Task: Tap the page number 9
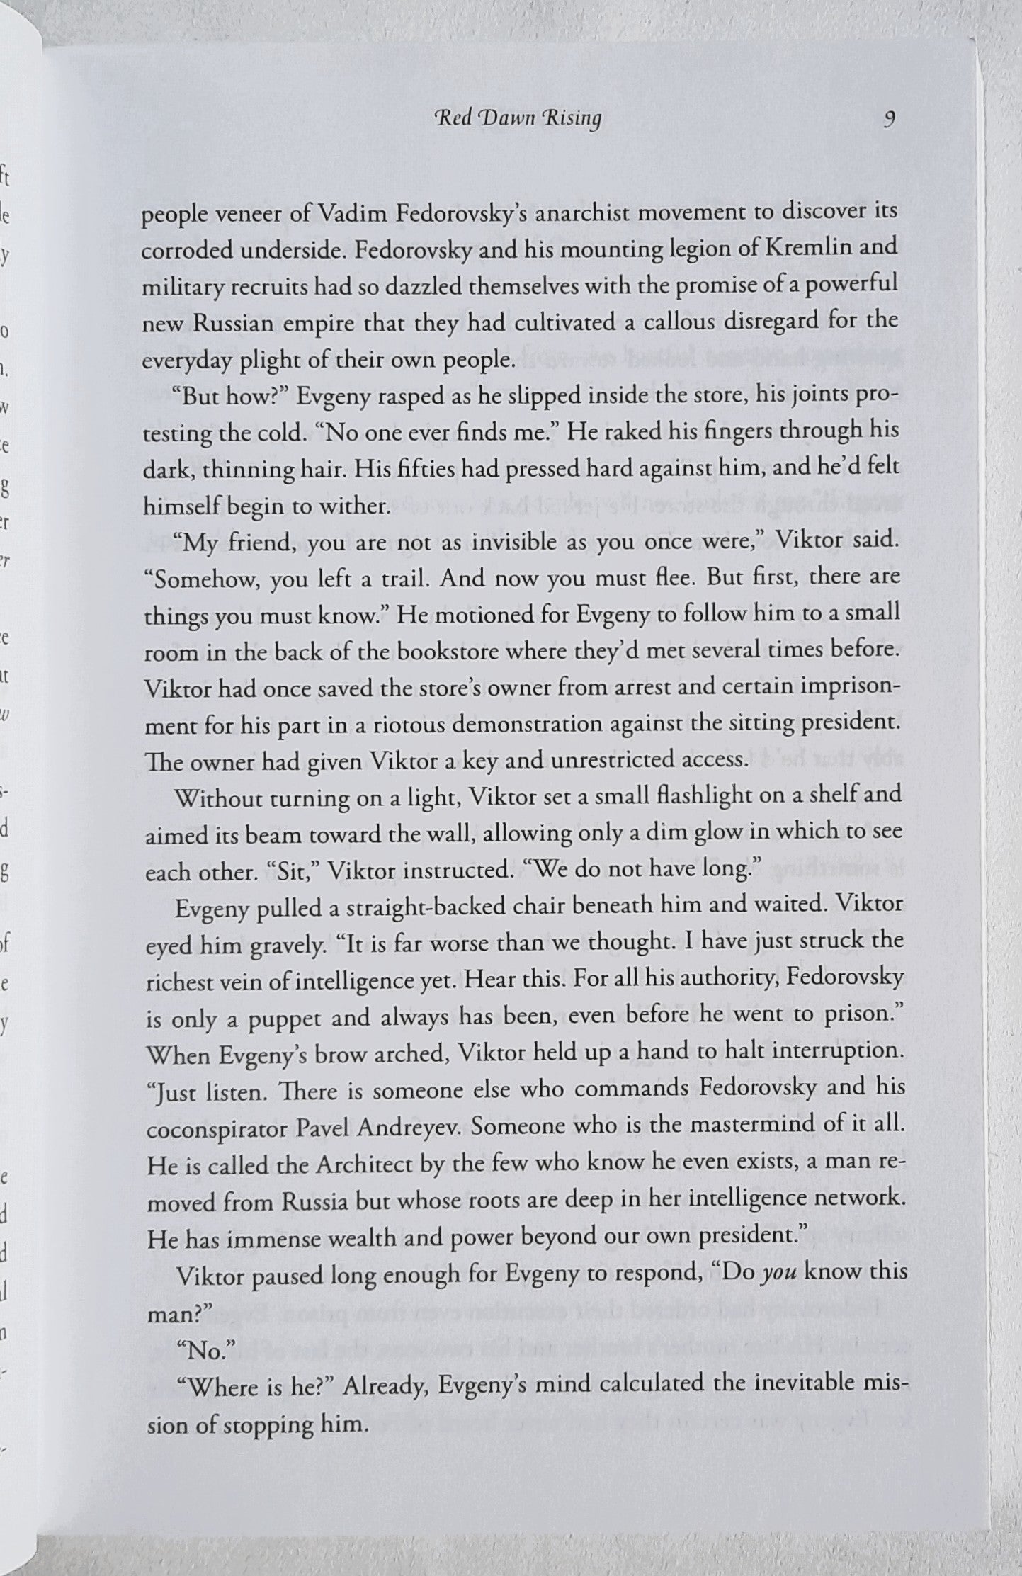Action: tap(889, 118)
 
